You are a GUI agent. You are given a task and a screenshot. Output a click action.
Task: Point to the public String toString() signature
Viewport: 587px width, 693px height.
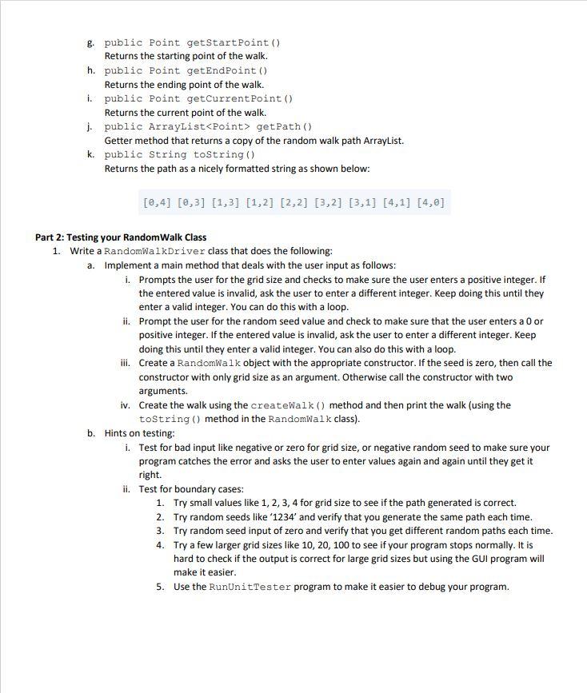[x=179, y=154]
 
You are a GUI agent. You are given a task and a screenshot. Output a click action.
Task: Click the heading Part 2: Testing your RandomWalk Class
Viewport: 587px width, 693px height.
[x=121, y=237]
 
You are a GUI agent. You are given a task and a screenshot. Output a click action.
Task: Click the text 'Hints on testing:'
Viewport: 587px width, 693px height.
[x=139, y=433]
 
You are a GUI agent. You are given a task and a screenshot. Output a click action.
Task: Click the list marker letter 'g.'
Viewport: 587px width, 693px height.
[x=92, y=42]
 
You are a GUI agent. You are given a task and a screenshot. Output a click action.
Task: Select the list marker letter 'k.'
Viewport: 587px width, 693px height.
[x=92, y=154]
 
